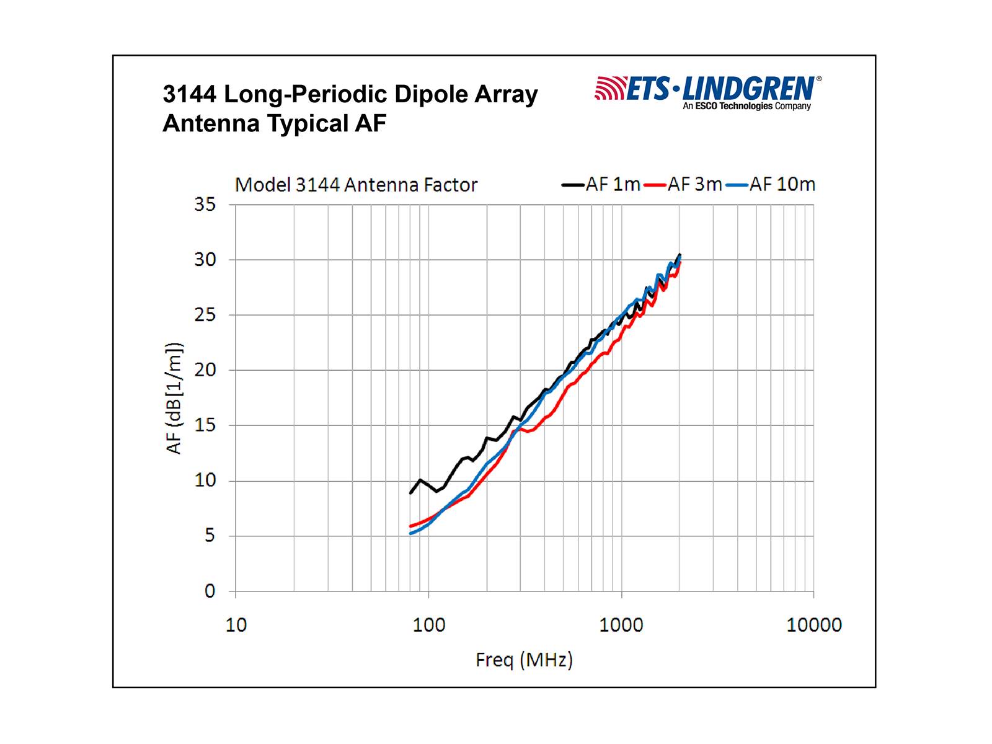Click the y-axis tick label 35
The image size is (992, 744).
205,205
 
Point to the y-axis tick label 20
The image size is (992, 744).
205,370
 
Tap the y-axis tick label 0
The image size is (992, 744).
210,591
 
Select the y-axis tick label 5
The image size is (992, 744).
210,536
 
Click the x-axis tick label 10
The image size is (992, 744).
236,625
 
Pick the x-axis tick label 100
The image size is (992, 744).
429,625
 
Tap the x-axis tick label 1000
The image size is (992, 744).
621,625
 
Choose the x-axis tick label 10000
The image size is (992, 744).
814,625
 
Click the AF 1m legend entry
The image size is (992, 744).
601,185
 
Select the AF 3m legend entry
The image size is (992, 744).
683,185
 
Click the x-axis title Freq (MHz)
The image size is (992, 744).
524,660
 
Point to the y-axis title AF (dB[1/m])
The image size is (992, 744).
174,398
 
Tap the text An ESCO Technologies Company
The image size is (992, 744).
746,107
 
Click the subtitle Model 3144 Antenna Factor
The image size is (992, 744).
356,185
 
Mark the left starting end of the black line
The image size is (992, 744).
410,493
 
